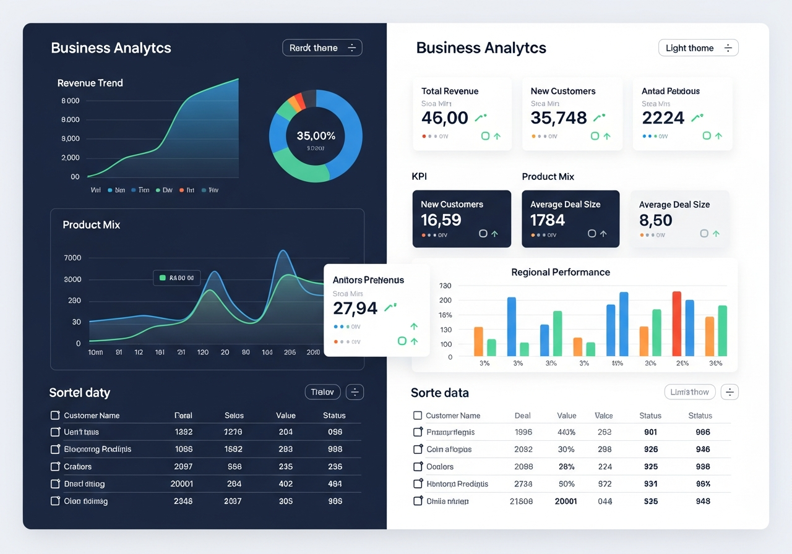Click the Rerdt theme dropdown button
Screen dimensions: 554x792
pyautogui.click(x=322, y=48)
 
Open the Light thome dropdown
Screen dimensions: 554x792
pyautogui.click(x=698, y=48)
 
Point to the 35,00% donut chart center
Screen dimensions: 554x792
pyautogui.click(x=316, y=136)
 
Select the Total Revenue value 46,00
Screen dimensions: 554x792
pyautogui.click(x=444, y=117)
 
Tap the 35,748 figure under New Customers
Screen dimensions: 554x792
pyautogui.click(x=558, y=117)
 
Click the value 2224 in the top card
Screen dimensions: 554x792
pyautogui.click(x=663, y=117)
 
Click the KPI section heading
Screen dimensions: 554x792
pyautogui.click(x=419, y=176)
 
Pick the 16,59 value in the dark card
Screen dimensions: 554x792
pyautogui.click(x=441, y=219)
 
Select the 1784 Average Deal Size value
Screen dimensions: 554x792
pyautogui.click(x=548, y=219)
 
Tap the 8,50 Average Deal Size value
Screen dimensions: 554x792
pyautogui.click(x=655, y=219)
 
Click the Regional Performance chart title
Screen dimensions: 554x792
pyautogui.click(x=560, y=272)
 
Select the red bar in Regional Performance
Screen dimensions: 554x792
pyautogui.click(x=676, y=323)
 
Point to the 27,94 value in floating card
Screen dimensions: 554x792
pyautogui.click(x=355, y=307)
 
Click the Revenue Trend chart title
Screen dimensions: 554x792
pyautogui.click(x=90, y=83)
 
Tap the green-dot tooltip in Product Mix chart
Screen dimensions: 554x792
pyautogui.click(x=177, y=278)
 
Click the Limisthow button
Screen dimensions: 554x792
pyautogui.click(x=689, y=392)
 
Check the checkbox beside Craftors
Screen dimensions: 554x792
pyautogui.click(x=55, y=467)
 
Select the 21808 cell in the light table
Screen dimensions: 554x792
pyautogui.click(x=520, y=501)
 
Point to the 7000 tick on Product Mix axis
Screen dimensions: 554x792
pyautogui.click(x=72, y=258)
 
